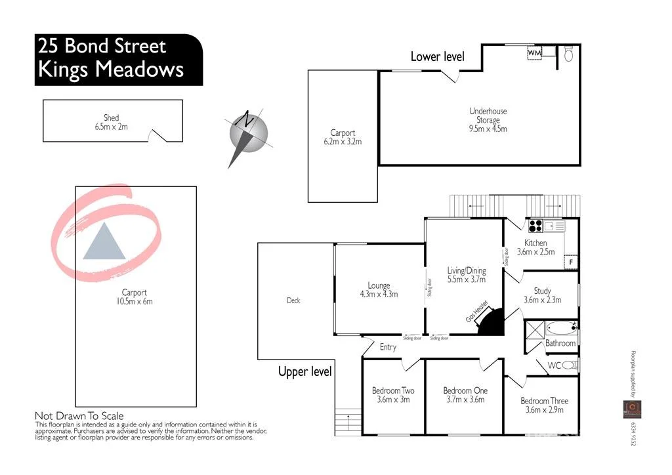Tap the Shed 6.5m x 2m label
[x=112, y=123]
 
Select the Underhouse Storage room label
[x=488, y=120]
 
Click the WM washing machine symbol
[x=535, y=52]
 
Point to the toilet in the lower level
[x=568, y=54]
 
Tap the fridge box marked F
[x=571, y=262]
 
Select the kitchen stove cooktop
[x=535, y=226]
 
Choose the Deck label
[x=293, y=300]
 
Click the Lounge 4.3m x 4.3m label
[x=379, y=290]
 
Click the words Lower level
[x=437, y=56]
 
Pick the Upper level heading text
[x=305, y=372]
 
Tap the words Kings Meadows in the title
[x=111, y=70]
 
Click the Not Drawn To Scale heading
[x=79, y=416]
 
